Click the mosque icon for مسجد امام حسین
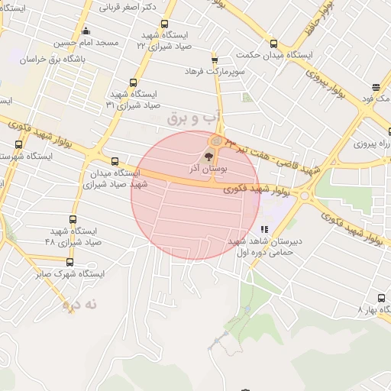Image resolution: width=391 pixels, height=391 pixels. tap(85, 31)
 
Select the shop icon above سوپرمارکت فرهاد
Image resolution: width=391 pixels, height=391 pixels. tap(214, 59)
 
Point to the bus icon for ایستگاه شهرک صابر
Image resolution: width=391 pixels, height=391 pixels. tap(70, 262)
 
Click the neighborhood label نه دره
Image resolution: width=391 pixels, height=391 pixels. tap(82, 304)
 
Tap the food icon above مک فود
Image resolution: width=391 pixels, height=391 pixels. tap(376, 87)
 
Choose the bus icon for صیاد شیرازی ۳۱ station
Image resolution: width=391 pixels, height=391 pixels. tap(134, 83)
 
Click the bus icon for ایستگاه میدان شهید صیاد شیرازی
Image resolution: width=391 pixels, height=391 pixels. tap(115, 161)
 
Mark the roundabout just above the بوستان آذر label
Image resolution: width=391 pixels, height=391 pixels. tap(217, 141)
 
